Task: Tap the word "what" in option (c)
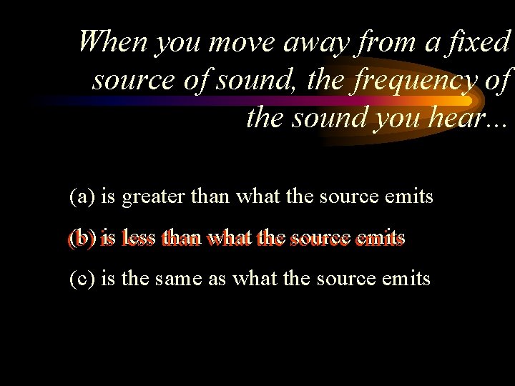point(265,277)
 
